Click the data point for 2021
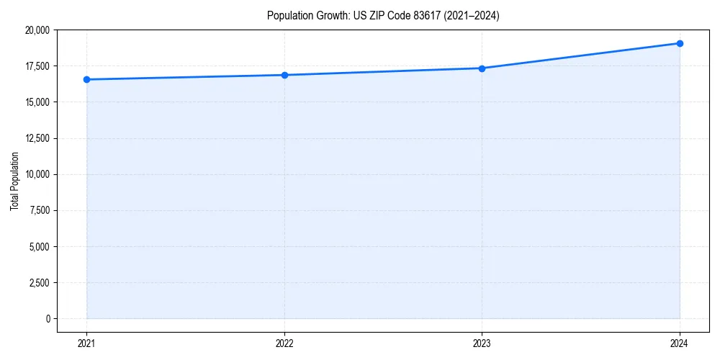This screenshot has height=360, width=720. point(86,79)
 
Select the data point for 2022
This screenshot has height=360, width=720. point(284,75)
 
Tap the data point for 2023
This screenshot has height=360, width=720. point(482,68)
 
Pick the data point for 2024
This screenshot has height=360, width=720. point(680,43)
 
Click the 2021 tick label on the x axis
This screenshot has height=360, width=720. point(86,343)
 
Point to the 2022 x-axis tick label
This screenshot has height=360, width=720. point(284,343)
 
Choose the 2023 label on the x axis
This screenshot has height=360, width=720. point(482,343)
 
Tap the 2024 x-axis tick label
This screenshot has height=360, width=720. point(680,343)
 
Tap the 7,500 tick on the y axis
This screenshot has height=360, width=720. point(40,210)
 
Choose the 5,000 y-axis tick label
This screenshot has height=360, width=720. point(40,246)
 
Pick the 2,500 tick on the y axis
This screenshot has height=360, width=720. point(40,282)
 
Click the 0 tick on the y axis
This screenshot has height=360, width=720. point(47,318)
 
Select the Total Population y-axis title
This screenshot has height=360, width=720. point(14,181)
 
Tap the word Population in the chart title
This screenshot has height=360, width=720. point(289,16)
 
